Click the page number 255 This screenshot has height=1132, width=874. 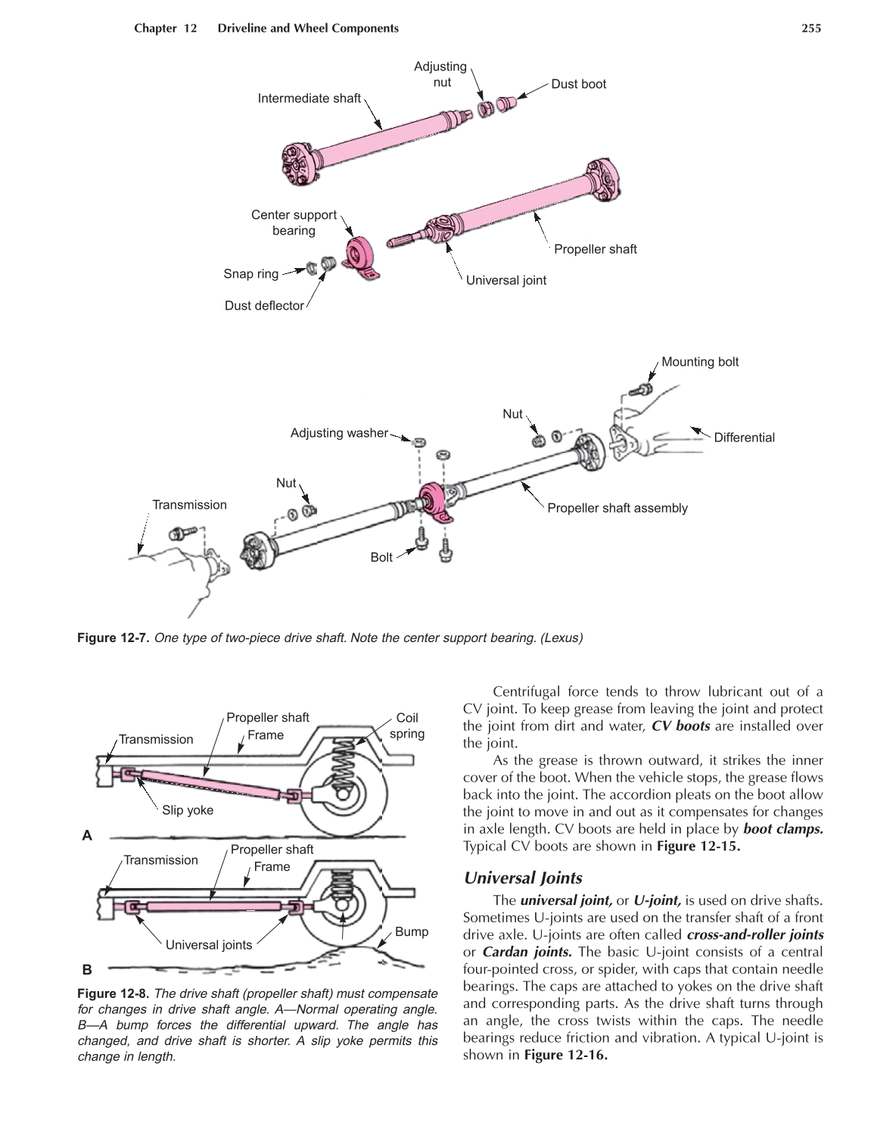[811, 29]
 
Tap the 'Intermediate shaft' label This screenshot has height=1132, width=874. [309, 98]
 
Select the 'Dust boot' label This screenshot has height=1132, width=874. [578, 84]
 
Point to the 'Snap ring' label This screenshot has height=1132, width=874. [250, 274]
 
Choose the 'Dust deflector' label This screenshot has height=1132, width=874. [264, 306]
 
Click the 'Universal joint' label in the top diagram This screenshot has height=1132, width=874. [505, 280]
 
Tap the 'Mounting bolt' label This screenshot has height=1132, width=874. [699, 362]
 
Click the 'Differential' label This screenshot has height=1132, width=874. [744, 438]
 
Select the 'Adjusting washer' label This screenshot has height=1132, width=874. [338, 433]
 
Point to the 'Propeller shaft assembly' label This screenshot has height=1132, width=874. [617, 508]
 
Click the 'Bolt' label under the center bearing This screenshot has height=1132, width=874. [381, 557]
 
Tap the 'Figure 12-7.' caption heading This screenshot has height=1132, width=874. [114, 638]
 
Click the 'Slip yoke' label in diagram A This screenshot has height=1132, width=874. [188, 810]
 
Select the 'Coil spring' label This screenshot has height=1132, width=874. [407, 725]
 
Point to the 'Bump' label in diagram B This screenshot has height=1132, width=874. [412, 932]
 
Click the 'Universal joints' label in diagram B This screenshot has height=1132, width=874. [209, 945]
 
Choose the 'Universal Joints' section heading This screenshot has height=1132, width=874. [523, 878]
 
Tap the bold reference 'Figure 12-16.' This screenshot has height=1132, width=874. [566, 1055]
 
